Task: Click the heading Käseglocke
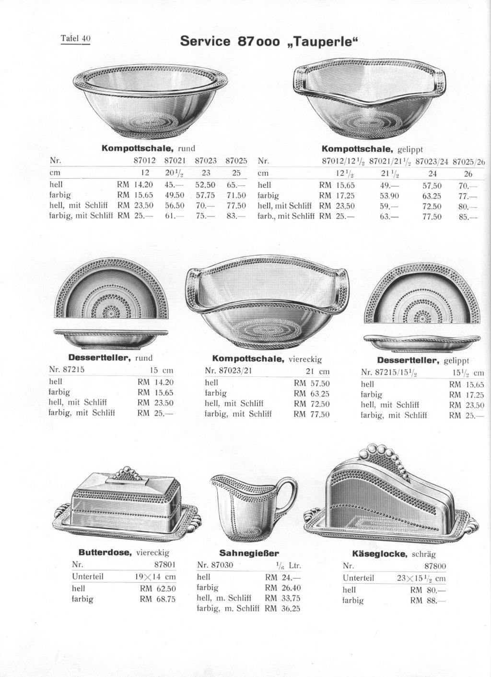(379, 554)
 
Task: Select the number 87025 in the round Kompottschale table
(236, 161)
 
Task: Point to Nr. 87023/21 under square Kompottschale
(228, 371)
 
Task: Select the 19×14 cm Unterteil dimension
(155, 577)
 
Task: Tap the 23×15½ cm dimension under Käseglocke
(421, 578)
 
